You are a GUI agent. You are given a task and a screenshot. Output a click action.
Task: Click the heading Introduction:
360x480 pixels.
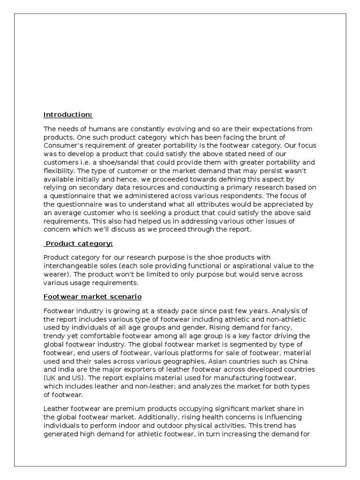point(68,115)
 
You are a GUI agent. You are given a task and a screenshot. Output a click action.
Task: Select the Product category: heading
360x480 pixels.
point(79,244)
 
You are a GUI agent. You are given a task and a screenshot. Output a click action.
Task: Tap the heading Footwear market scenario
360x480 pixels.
point(92,297)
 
